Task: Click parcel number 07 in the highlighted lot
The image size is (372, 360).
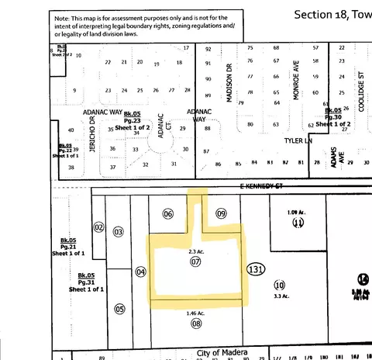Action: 195,261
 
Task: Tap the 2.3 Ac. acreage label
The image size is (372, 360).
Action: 195,251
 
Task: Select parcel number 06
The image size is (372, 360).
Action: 168,213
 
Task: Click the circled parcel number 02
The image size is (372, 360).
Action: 98,227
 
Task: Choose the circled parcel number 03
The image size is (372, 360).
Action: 119,231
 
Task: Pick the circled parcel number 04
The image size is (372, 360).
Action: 140,272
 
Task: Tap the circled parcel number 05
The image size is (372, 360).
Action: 119,309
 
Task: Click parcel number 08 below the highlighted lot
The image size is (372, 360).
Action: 196,322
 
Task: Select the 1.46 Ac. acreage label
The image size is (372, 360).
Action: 196,313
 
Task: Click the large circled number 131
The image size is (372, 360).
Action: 256,269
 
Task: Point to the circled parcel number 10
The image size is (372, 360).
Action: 280,285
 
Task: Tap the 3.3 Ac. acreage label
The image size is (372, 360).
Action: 280,296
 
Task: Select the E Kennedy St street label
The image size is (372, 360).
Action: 242,187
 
